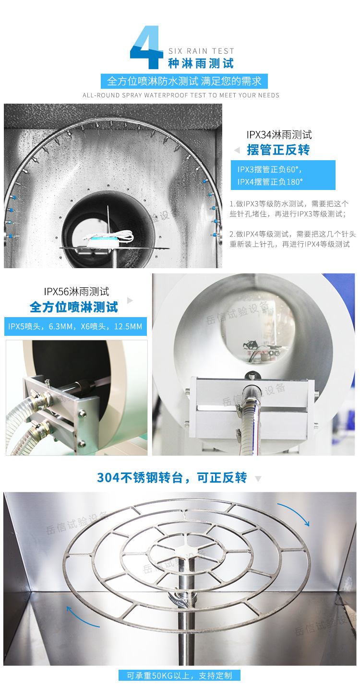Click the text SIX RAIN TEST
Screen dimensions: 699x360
(x=201, y=51)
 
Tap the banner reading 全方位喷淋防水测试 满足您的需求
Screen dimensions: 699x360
(x=184, y=81)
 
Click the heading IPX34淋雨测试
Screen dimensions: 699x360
(x=279, y=135)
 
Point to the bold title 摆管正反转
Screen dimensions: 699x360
(x=278, y=150)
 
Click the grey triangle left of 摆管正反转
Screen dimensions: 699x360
(x=236, y=150)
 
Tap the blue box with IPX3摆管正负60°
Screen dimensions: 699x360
(x=286, y=175)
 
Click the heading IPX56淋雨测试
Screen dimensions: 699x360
(x=76, y=291)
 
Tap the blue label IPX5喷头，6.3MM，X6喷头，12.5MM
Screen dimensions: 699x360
(x=75, y=327)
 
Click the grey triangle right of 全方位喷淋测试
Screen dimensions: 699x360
(x=130, y=301)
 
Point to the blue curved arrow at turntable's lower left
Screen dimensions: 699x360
(x=82, y=617)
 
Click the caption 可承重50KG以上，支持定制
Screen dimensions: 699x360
(x=179, y=675)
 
